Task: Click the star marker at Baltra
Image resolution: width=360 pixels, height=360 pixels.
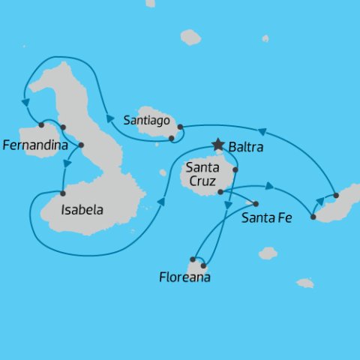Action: [x=218, y=144]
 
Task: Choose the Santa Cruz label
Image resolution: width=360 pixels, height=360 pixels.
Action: [x=202, y=175]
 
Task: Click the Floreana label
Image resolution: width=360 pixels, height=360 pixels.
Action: [x=184, y=277]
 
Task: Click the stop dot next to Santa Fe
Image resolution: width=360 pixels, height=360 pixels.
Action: [x=256, y=204]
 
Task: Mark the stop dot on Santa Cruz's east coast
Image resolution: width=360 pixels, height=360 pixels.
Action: [x=235, y=169]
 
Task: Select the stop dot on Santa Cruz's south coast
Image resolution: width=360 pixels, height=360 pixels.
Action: [x=220, y=192]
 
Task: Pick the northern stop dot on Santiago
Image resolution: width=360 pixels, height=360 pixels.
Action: [x=180, y=127]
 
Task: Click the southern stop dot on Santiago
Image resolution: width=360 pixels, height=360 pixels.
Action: [x=172, y=138]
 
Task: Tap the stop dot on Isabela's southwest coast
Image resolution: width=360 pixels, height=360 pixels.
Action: [x=63, y=193]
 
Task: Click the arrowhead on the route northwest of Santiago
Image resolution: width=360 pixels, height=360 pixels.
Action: [x=109, y=118]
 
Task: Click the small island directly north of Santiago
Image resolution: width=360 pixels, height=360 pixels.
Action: [x=190, y=37]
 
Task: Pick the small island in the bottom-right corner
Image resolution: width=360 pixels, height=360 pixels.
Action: [x=304, y=283]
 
